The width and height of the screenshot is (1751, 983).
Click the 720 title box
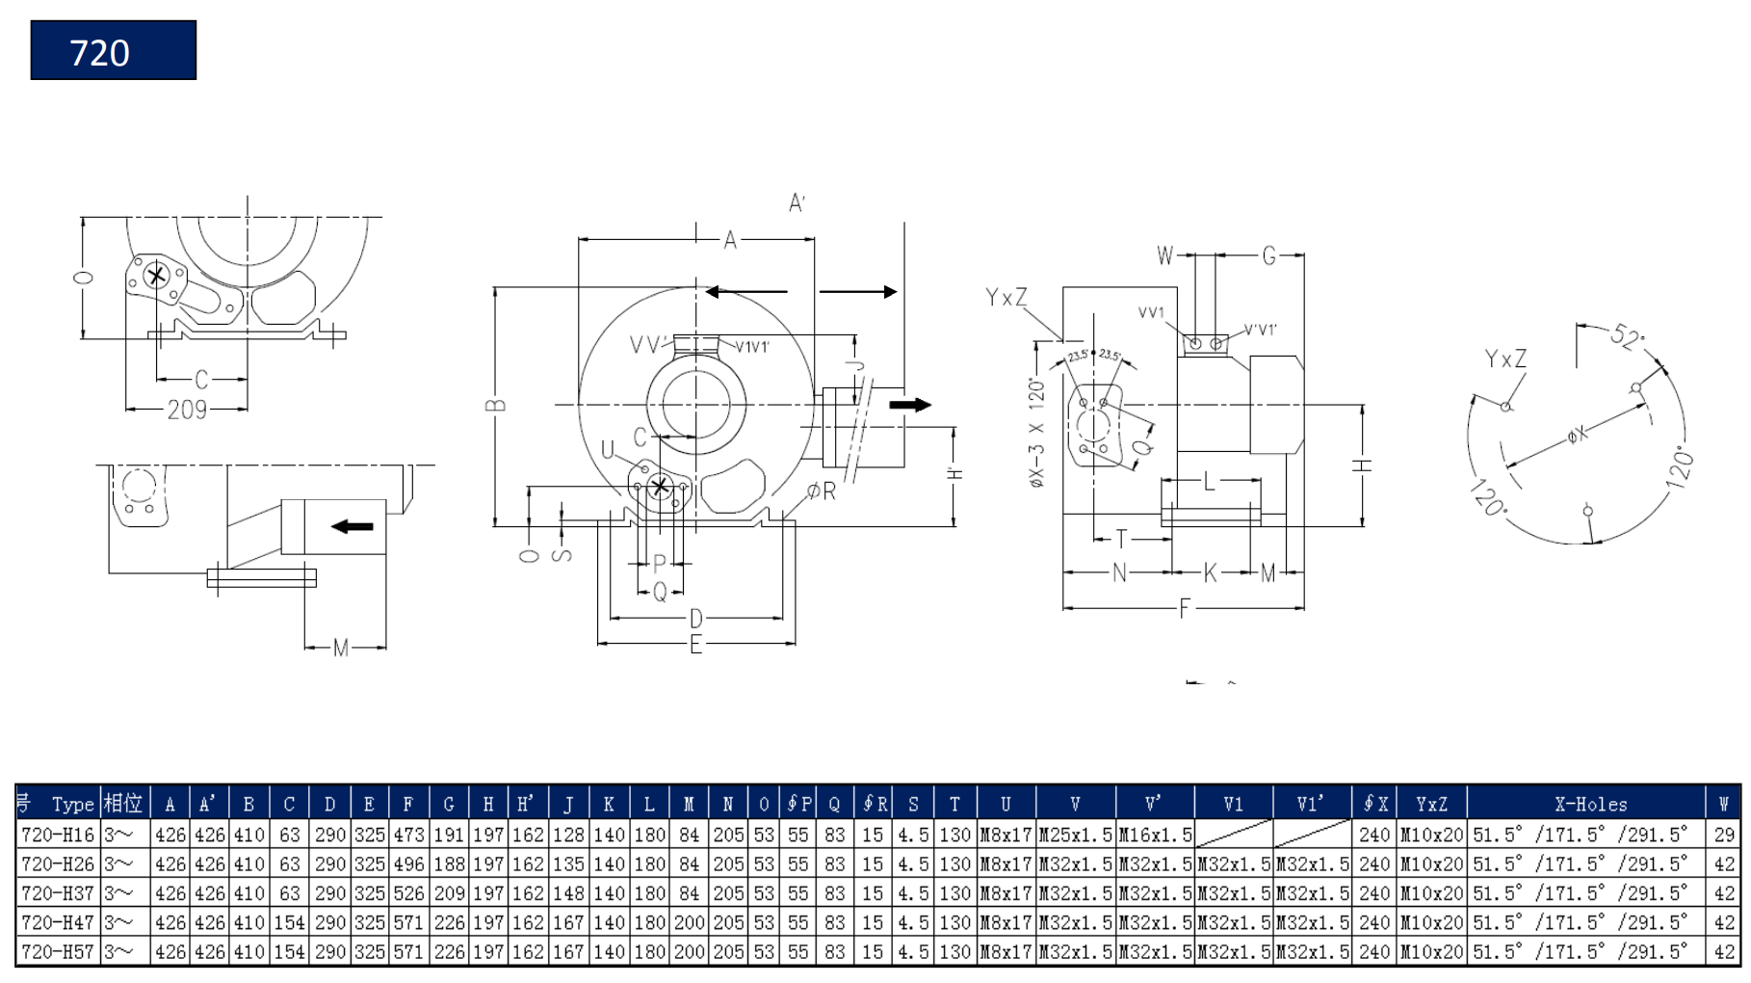(113, 50)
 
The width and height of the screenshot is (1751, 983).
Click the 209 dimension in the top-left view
(187, 411)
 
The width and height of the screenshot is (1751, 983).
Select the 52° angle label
(1627, 336)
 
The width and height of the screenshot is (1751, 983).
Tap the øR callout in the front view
(822, 491)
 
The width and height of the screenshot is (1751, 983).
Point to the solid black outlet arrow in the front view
(909, 405)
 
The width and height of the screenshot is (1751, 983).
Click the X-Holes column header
(1590, 804)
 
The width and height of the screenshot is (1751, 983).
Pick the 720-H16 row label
(58, 835)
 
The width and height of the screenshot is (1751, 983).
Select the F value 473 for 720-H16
(408, 835)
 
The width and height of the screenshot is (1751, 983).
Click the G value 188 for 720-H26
(449, 863)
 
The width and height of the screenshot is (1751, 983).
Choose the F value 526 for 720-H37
(408, 893)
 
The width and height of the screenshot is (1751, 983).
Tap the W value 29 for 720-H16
(1724, 835)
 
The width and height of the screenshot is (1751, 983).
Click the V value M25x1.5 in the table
(1075, 835)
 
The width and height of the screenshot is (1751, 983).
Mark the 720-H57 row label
(58, 952)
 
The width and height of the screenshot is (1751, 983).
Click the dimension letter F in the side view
(1185, 608)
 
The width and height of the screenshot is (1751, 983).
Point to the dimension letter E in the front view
(695, 645)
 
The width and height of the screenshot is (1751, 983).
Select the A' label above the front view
(797, 203)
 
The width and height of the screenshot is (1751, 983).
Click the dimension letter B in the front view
(495, 405)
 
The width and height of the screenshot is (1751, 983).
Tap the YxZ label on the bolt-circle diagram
(1505, 359)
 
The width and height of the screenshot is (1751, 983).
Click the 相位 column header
(123, 804)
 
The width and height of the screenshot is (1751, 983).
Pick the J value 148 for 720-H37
(568, 893)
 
